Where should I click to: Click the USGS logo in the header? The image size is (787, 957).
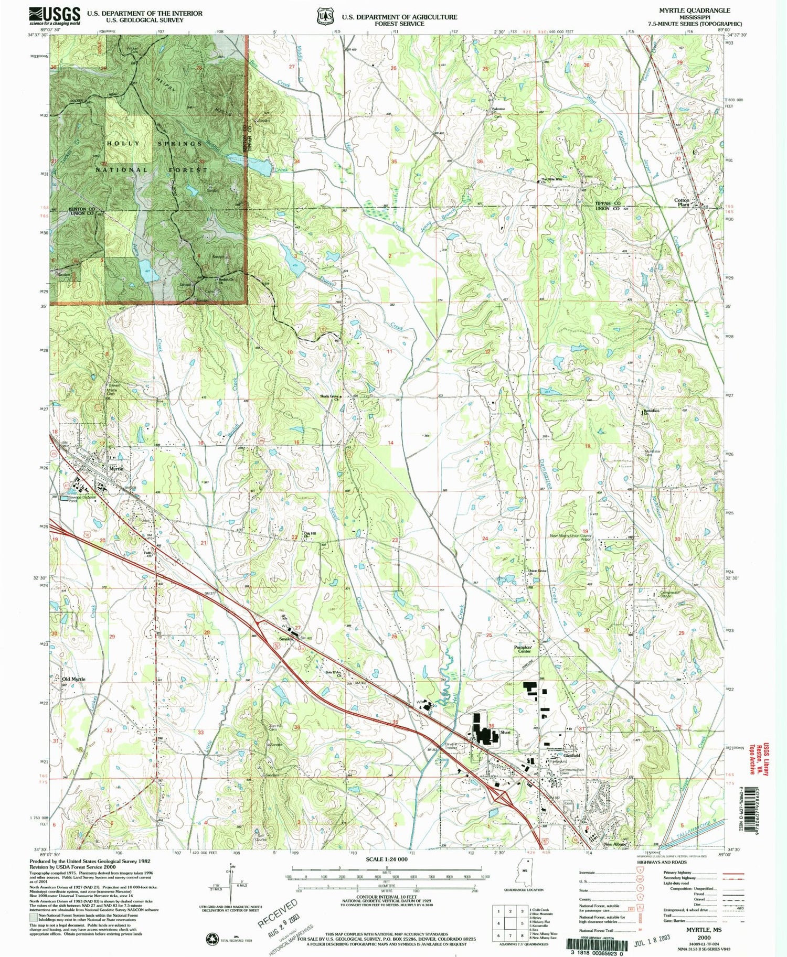click(55, 16)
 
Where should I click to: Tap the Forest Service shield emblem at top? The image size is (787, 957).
click(325, 16)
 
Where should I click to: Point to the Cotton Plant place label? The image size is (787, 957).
click(696, 202)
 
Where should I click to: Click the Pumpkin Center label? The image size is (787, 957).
click(524, 649)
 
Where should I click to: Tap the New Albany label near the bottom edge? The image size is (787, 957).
click(615, 845)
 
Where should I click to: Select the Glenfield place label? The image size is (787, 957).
click(572, 755)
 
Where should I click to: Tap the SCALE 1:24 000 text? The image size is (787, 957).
click(386, 859)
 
